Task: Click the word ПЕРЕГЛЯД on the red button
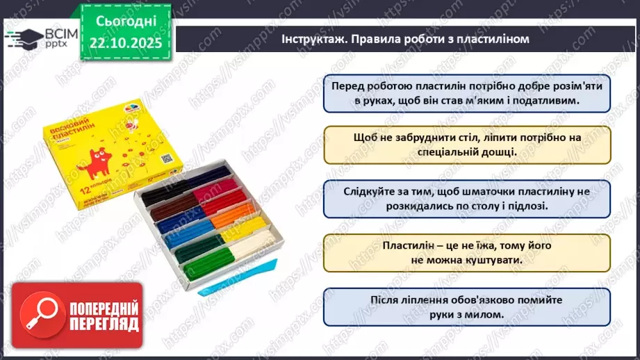point(103,325)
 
